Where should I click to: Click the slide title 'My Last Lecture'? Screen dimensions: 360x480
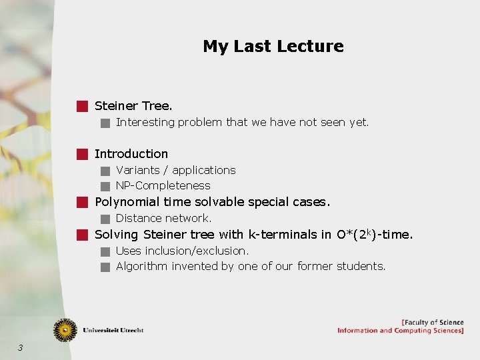tap(273, 46)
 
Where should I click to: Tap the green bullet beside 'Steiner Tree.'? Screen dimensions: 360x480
tap(81, 105)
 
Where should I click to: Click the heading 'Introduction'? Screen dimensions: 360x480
tap(131, 154)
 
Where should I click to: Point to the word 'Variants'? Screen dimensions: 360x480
tap(138, 170)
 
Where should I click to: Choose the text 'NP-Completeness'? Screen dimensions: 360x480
tap(163, 185)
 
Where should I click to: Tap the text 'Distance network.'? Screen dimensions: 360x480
tap(163, 218)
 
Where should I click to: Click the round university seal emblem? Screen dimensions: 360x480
tap(65, 329)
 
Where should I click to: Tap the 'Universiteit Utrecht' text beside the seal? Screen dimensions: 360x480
tap(113, 330)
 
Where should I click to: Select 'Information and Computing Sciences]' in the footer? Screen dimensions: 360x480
tap(400, 331)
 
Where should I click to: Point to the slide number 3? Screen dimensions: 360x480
tap(21, 347)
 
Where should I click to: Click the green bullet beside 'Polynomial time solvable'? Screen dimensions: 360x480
tap(81, 202)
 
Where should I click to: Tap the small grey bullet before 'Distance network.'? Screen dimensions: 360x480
tap(105, 219)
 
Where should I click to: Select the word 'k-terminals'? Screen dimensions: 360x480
tap(283, 235)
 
